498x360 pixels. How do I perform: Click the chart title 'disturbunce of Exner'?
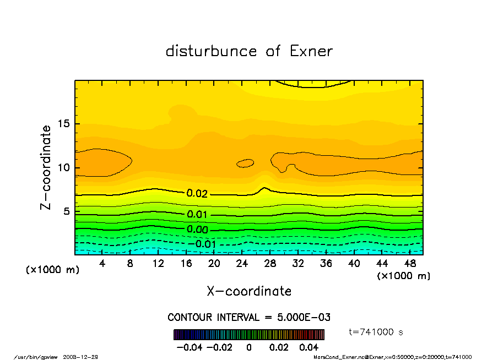tap(249, 51)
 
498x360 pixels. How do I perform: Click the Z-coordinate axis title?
tap(46, 167)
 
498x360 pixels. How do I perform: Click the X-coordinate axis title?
tap(249, 291)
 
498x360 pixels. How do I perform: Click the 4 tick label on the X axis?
tap(102, 264)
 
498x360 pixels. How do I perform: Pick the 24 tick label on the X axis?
tap(242, 264)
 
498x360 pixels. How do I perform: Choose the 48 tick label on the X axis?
tap(409, 264)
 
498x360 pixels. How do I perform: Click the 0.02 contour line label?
tap(197, 193)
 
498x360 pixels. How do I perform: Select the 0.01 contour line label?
tap(197, 215)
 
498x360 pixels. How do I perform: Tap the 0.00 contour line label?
tap(197, 230)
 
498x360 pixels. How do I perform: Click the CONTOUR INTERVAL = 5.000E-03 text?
tap(249, 318)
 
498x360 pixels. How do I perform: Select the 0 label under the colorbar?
tap(249, 347)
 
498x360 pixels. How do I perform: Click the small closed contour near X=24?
tap(245, 163)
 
